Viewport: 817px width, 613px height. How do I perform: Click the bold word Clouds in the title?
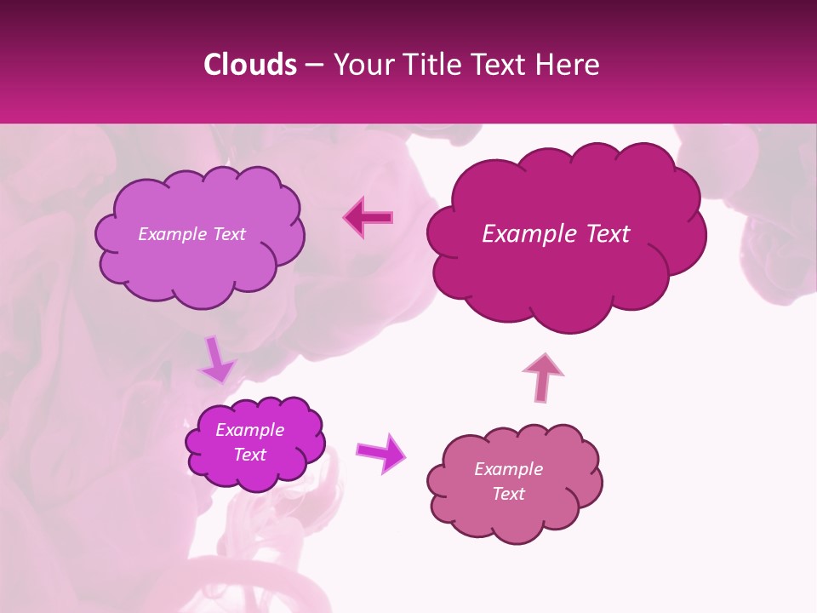[249, 65]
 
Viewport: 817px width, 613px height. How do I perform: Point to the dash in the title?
[313, 66]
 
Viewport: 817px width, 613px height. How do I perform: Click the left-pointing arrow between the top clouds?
[369, 217]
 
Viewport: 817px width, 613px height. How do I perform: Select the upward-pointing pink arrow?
[542, 376]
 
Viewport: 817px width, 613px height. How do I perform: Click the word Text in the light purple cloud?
[227, 234]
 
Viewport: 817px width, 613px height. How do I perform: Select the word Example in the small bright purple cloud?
[249, 430]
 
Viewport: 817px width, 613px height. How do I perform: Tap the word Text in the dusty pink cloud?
[508, 494]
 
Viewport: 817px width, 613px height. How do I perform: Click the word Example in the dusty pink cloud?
[508, 469]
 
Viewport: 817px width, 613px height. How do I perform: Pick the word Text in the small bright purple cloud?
[249, 455]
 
